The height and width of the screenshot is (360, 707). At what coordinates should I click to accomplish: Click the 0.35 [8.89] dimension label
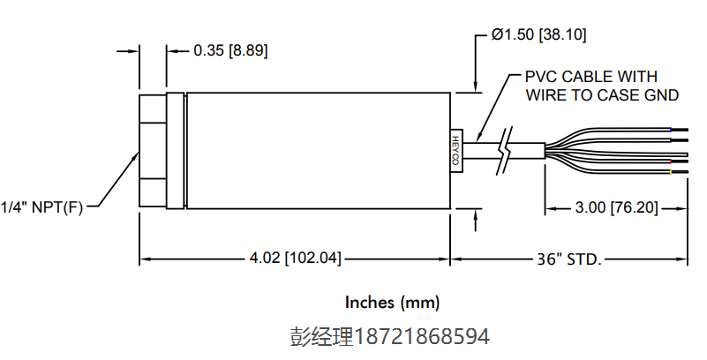tap(230, 50)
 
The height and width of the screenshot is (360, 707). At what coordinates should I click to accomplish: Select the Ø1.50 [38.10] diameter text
tap(538, 35)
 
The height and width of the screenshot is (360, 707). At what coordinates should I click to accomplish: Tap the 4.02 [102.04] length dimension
tap(296, 259)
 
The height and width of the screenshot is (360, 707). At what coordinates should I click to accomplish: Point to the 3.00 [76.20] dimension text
tap(616, 208)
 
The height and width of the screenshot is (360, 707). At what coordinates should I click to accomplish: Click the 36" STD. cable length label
tap(569, 259)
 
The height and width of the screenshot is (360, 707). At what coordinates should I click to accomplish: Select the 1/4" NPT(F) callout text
tap(41, 208)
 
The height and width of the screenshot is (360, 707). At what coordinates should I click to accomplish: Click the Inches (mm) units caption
tap(392, 303)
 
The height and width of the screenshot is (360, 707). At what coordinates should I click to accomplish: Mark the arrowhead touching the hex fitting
tap(136, 156)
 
